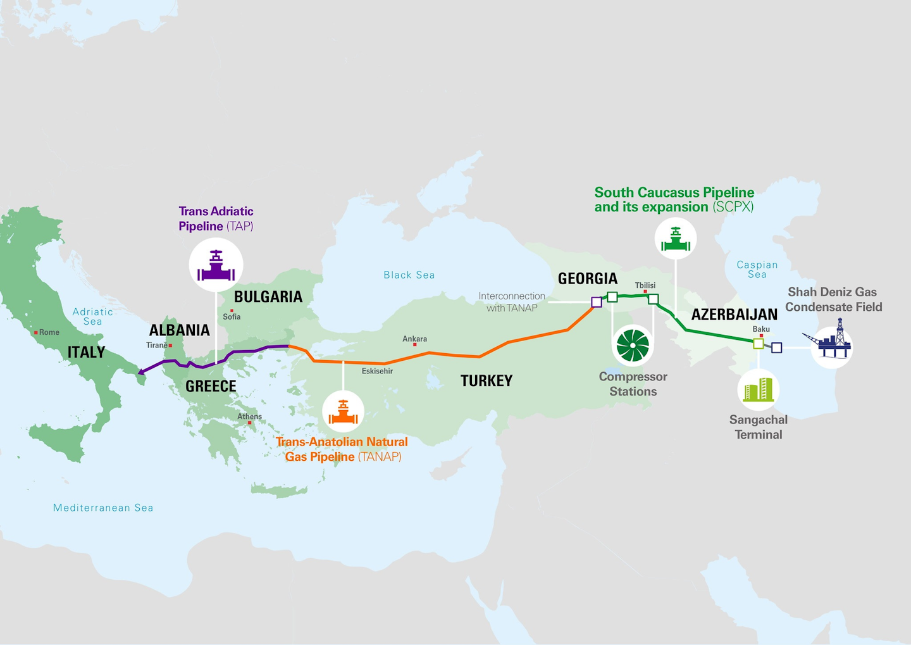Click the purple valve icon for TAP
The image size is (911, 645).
[216, 265]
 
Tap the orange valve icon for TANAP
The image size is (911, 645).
[343, 411]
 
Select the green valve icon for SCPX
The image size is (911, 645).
[675, 239]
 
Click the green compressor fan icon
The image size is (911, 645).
[633, 346]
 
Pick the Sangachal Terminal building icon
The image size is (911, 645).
[758, 389]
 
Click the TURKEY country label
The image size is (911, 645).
[486, 380]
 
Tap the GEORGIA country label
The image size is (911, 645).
[587, 279]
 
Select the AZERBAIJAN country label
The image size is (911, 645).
[734, 315]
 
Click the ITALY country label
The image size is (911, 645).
[86, 353]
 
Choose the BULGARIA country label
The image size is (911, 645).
[268, 297]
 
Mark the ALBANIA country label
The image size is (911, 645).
[179, 330]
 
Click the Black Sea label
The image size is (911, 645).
[409, 275]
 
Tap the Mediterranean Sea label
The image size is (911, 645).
[103, 508]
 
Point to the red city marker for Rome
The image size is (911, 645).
[36, 332]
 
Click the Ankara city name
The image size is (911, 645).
[414, 339]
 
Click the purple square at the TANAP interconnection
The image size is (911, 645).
[596, 303]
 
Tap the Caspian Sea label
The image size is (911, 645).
[757, 269]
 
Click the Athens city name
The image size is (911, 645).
[249, 416]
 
